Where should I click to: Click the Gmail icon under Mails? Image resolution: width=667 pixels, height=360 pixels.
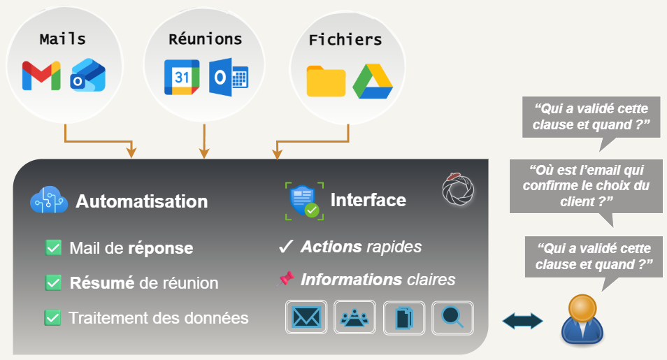(x=41, y=75)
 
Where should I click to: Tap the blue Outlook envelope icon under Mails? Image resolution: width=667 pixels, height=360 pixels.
(x=88, y=76)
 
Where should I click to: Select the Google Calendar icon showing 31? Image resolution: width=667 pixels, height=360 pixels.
(x=182, y=77)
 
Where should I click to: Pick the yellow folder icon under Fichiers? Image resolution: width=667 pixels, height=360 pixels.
(x=326, y=81)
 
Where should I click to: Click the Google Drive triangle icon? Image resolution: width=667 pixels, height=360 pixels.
(x=373, y=82)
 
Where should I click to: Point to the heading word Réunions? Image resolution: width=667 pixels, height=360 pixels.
(x=205, y=39)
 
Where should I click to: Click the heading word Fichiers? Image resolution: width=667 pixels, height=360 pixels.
(x=345, y=40)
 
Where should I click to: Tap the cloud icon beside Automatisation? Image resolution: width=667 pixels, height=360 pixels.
(x=48, y=201)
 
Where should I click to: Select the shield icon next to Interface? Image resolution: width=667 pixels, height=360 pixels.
(x=304, y=201)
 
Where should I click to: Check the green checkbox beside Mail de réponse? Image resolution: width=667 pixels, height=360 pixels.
(x=52, y=247)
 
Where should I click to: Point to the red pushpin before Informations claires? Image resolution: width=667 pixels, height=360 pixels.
(x=285, y=279)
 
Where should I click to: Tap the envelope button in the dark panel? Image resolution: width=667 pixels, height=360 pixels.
(x=306, y=318)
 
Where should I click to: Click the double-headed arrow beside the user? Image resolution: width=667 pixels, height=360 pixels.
(x=523, y=321)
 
